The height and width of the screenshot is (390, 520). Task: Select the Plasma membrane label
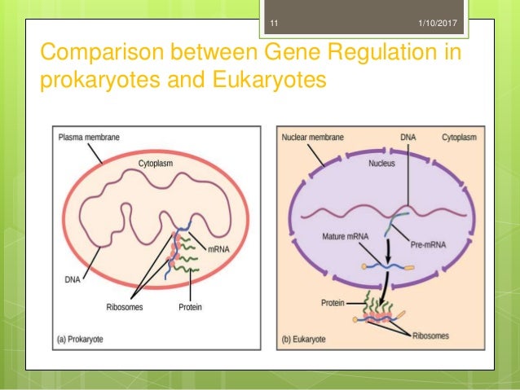(x=90, y=138)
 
